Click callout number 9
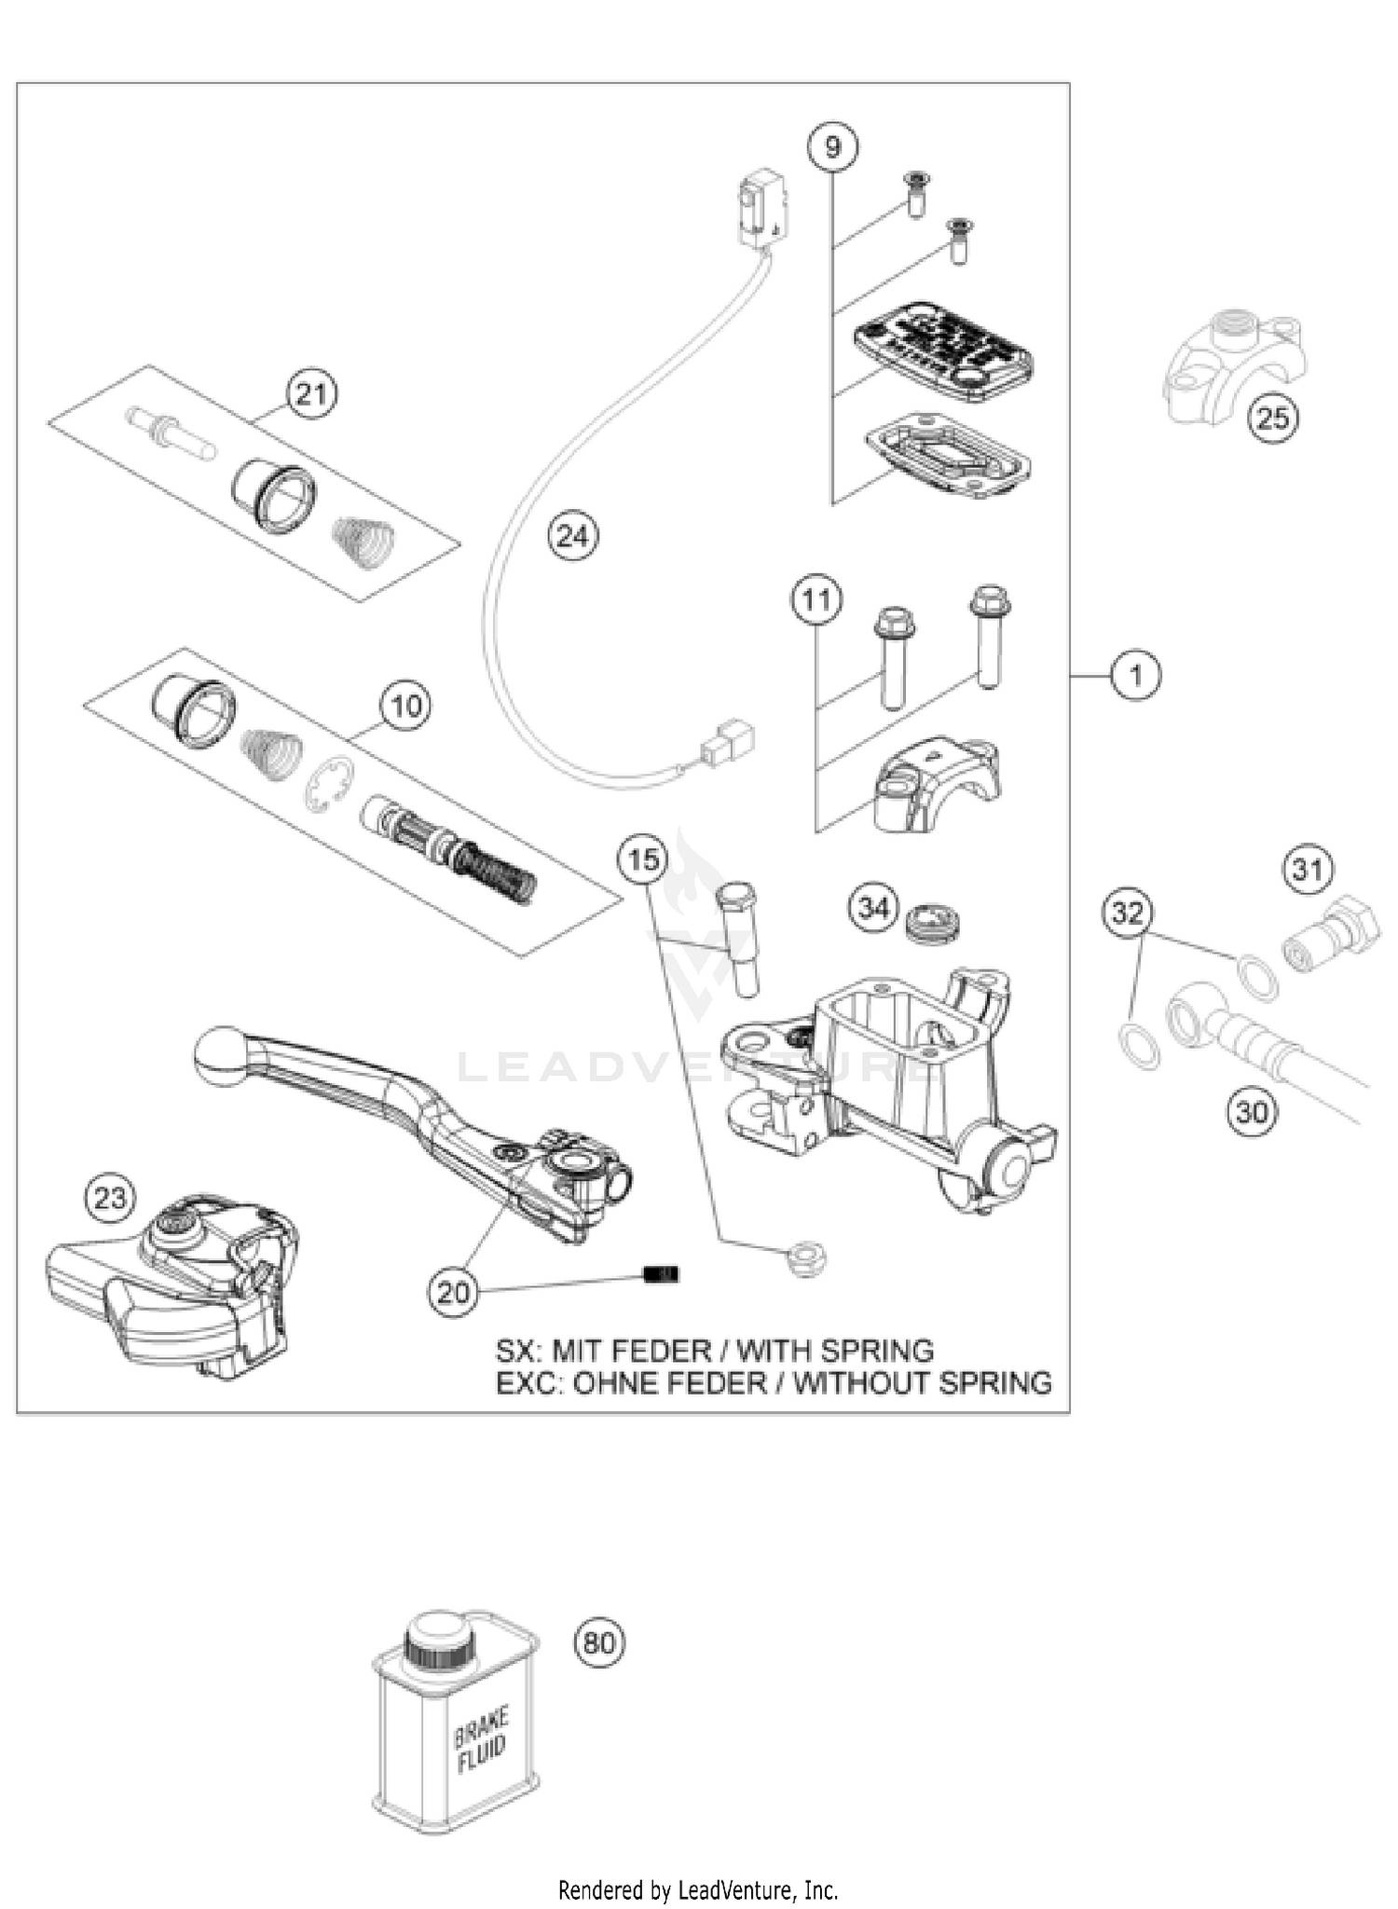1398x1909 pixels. click(x=832, y=146)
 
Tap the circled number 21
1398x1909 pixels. click(x=311, y=394)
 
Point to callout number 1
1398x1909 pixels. click(x=1135, y=674)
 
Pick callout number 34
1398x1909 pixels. click(x=873, y=906)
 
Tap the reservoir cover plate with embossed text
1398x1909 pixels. click(x=941, y=350)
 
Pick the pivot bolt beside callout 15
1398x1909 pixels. click(x=738, y=939)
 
